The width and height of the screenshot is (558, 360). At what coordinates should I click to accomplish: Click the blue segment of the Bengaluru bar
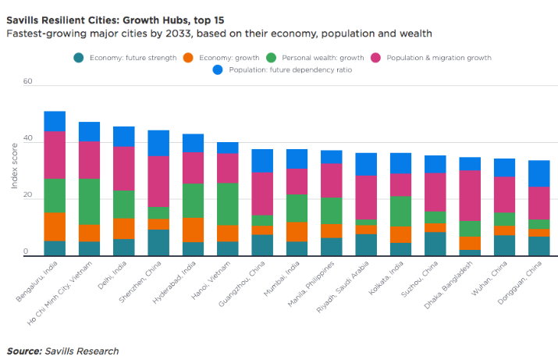pyautogui.click(x=55, y=121)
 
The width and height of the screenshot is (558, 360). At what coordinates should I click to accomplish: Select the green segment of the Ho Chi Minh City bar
pyautogui.click(x=89, y=201)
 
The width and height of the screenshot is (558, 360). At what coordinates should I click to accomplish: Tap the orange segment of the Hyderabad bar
pyautogui.click(x=194, y=230)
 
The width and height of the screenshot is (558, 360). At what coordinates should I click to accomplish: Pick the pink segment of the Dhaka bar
pyautogui.click(x=470, y=196)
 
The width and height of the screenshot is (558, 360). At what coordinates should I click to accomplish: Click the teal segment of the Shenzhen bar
pyautogui.click(x=158, y=243)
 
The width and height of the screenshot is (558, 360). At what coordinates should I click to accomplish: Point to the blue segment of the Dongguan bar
pyautogui.click(x=538, y=174)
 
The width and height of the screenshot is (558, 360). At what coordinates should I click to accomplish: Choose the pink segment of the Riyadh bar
pyautogui.click(x=366, y=198)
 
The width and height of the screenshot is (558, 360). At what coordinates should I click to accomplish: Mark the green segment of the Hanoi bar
pyautogui.click(x=228, y=204)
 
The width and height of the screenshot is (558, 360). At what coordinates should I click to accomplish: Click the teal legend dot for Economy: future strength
pyautogui.click(x=79, y=58)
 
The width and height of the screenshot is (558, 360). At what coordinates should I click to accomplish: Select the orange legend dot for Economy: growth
pyautogui.click(x=188, y=58)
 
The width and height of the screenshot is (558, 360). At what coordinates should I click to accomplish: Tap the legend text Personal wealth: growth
pyautogui.click(x=323, y=58)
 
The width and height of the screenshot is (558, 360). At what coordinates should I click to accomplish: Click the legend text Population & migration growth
pyautogui.click(x=439, y=58)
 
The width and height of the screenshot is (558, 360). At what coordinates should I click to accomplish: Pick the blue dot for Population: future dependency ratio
pyautogui.click(x=218, y=70)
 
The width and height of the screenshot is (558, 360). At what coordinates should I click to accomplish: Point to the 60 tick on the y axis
pyautogui.click(x=28, y=81)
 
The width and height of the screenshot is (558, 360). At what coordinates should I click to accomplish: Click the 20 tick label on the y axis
pyautogui.click(x=28, y=194)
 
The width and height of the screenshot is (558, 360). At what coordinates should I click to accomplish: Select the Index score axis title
pyautogui.click(x=14, y=166)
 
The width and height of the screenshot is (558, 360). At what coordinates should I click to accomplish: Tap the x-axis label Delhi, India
pyautogui.click(x=112, y=275)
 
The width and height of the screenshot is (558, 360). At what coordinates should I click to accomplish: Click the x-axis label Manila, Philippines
pyautogui.click(x=311, y=283)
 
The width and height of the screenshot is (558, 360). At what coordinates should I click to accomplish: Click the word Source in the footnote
pyautogui.click(x=24, y=351)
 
